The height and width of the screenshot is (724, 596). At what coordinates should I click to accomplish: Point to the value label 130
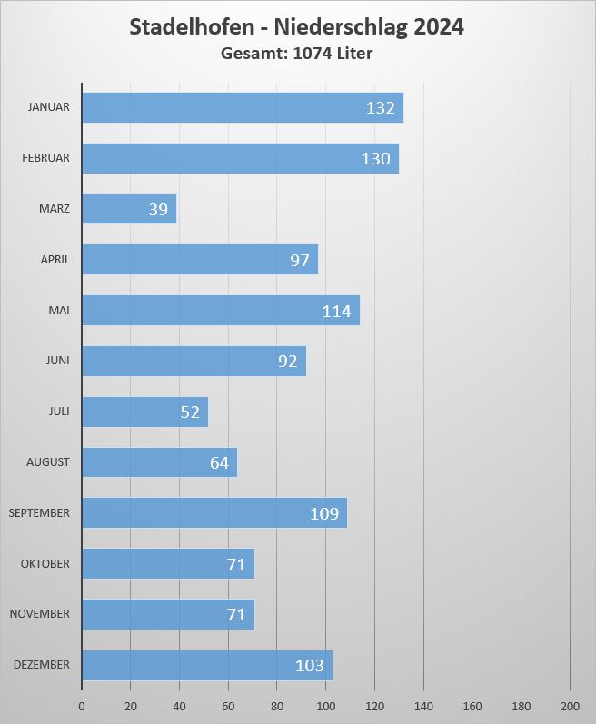point(375,159)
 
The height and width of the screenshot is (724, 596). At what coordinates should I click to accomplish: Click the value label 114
point(336,312)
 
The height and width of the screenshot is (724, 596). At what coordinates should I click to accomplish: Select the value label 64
point(219,463)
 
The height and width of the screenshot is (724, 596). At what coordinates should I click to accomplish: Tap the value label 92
point(288,362)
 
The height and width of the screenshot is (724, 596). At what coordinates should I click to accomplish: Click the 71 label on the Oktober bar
point(236,564)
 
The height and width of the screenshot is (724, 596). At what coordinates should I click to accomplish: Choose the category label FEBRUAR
point(45,158)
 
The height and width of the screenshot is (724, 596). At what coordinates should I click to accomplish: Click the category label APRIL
point(55,260)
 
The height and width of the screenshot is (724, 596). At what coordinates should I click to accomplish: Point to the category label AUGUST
point(47,462)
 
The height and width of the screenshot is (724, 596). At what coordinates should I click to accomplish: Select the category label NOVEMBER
point(39,614)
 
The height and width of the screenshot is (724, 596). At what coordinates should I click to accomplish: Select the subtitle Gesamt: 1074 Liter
point(297,54)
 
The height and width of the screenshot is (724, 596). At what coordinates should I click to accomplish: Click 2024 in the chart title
point(439,27)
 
